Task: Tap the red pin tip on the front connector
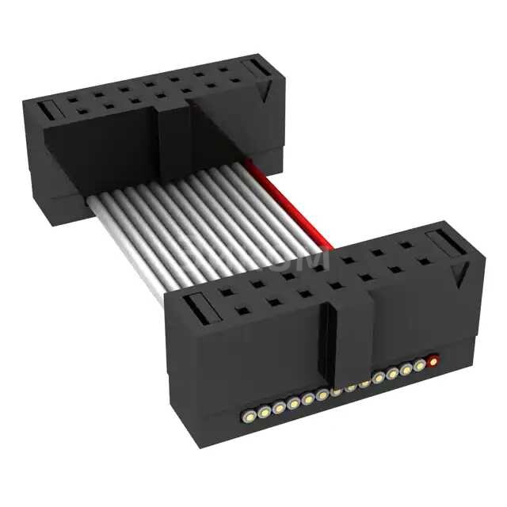pyautogui.click(x=433, y=362)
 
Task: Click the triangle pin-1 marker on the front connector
pyautogui.click(x=458, y=277)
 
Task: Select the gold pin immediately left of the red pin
pyautogui.click(x=419, y=366)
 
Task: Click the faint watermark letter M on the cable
pyautogui.click(x=313, y=259)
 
